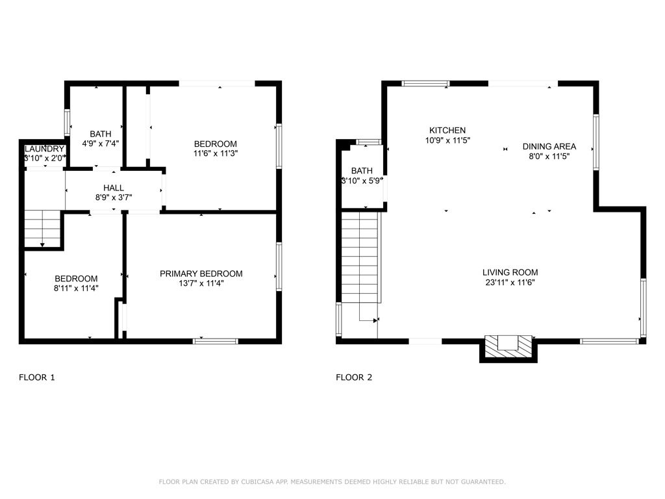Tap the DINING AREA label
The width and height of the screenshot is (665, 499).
click(x=549, y=146)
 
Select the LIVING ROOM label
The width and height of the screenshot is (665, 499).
click(x=510, y=272)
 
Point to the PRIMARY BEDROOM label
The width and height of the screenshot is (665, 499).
click(x=201, y=274)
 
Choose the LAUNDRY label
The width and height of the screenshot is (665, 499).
click(x=44, y=149)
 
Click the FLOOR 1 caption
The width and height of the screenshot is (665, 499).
click(x=37, y=377)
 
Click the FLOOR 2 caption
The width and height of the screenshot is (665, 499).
click(x=354, y=377)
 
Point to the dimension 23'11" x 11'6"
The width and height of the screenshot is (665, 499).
click(x=510, y=283)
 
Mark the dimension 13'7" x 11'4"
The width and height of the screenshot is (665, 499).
click(x=201, y=283)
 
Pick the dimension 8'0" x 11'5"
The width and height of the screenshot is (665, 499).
click(x=549, y=156)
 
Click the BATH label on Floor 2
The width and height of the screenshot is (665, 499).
click(x=362, y=171)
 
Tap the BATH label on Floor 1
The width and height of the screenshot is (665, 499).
click(x=101, y=134)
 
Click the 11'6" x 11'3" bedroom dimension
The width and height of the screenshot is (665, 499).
click(x=215, y=154)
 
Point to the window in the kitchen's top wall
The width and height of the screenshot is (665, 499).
click(x=425, y=83)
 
